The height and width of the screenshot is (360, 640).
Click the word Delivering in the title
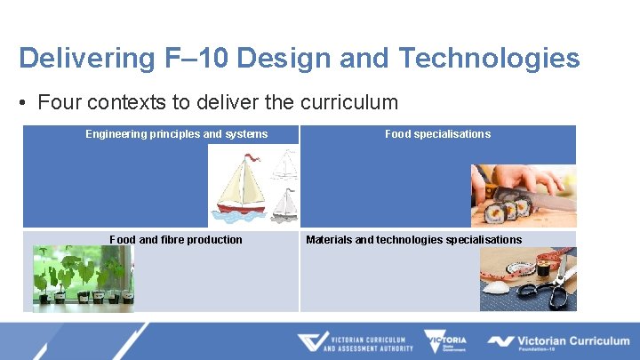click(72, 58)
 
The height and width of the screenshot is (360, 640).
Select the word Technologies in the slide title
click(490, 58)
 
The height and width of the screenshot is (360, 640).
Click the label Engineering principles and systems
click(176, 134)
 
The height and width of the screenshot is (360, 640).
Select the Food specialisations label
click(437, 134)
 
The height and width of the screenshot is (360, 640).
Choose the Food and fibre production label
click(175, 239)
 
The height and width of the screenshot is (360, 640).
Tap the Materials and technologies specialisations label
click(413, 239)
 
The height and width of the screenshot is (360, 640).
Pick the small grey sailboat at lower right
click(284, 207)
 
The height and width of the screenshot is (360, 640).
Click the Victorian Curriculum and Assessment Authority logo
click(355, 342)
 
